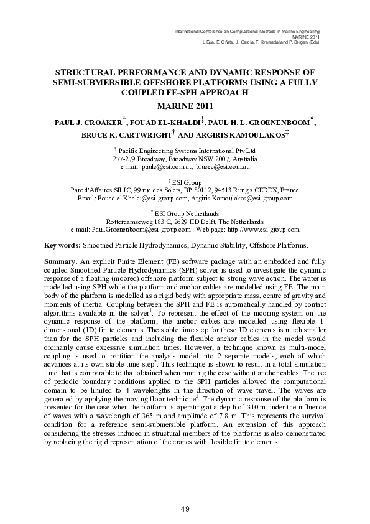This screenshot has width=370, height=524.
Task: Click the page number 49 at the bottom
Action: coord(185,510)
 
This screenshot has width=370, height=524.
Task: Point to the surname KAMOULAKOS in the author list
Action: coord(256,136)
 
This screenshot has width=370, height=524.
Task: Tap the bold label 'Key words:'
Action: coord(63,245)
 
